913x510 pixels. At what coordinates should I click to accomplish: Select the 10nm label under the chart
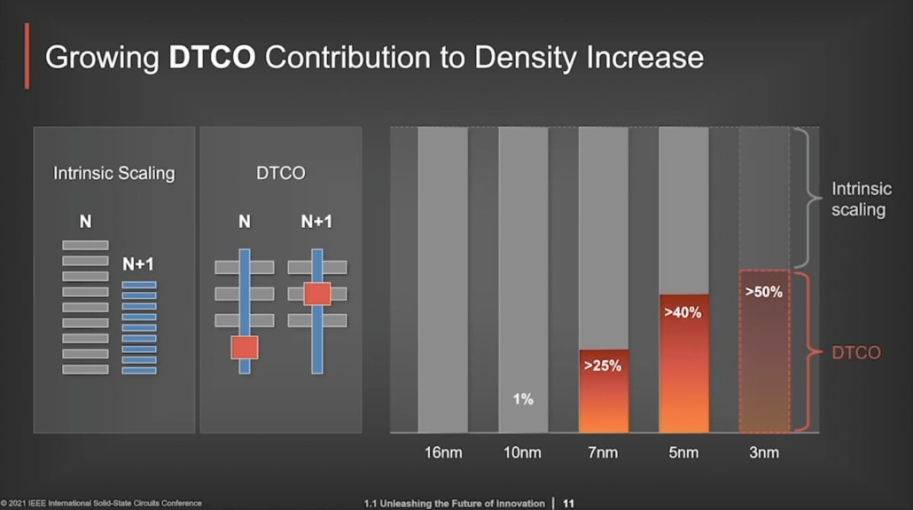point(522,453)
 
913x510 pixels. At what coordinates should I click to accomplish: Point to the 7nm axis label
point(603,453)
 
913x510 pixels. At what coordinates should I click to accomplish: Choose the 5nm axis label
point(683,453)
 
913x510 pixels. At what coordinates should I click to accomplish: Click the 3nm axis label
point(763,453)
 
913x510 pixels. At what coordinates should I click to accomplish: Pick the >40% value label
point(682,312)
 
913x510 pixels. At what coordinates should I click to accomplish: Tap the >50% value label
point(763,292)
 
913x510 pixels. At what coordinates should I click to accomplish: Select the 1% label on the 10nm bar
point(523,400)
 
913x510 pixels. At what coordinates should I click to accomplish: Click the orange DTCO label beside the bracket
point(856,353)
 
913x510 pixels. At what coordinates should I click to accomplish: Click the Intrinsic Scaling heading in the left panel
point(114,173)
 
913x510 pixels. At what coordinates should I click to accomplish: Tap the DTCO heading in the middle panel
point(280,173)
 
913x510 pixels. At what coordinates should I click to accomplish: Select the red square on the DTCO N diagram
point(245,347)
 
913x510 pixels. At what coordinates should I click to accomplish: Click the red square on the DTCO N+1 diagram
point(316,294)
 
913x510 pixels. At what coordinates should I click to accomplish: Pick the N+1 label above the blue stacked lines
point(138,264)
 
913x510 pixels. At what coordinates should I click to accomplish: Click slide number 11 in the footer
point(568,504)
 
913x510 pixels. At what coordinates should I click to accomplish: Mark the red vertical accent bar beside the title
point(27,56)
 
